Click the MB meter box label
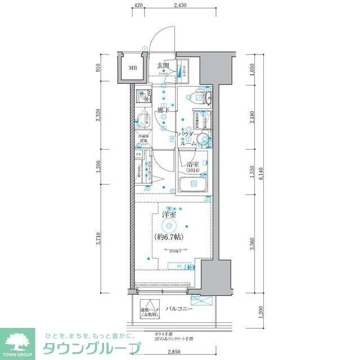point(133,69)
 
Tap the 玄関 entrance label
point(164,65)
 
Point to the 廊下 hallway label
point(164,111)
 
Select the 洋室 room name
point(170,214)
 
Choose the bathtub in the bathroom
point(191,184)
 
